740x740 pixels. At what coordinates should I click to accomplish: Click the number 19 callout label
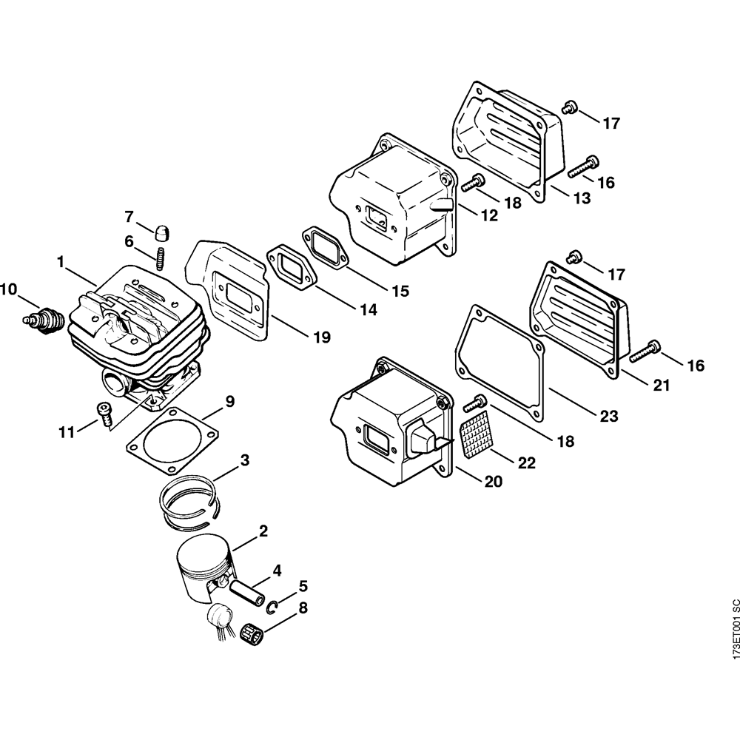pos(320,337)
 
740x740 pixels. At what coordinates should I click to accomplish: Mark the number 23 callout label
pos(608,417)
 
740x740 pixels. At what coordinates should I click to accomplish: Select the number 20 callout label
pos(493,482)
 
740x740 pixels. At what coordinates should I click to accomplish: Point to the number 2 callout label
pos(263,531)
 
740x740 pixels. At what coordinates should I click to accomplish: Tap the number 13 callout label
pos(580,198)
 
